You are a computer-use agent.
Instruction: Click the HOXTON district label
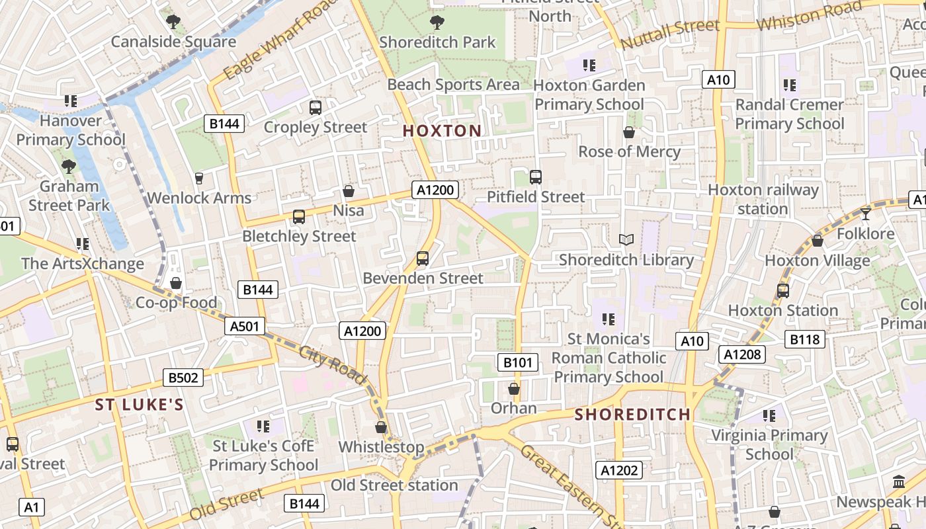pyautogui.click(x=442, y=131)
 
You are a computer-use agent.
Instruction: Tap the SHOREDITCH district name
pyautogui.click(x=632, y=415)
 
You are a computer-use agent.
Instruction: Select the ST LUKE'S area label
pyautogui.click(x=139, y=405)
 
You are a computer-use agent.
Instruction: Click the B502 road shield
pyautogui.click(x=183, y=378)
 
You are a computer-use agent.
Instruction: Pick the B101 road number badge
pyautogui.click(x=517, y=362)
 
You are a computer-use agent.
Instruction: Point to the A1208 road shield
pyautogui.click(x=742, y=354)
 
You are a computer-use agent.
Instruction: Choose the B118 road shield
pyautogui.click(x=805, y=340)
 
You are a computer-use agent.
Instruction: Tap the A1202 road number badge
pyautogui.click(x=619, y=470)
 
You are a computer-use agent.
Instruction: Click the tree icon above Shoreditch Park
pyautogui.click(x=437, y=22)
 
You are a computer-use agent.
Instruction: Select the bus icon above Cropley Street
pyautogui.click(x=316, y=107)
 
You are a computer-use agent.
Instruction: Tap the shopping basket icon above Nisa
pyautogui.click(x=349, y=191)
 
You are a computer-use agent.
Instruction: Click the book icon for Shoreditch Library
pyautogui.click(x=626, y=239)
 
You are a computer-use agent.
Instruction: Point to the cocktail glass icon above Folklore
pyautogui.click(x=865, y=214)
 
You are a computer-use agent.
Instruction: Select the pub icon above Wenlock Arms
pyautogui.click(x=198, y=178)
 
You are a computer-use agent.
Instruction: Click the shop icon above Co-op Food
pyautogui.click(x=176, y=283)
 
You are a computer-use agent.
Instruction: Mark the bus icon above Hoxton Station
pyautogui.click(x=783, y=290)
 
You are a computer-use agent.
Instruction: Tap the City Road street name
pyautogui.click(x=333, y=364)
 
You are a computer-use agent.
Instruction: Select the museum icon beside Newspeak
pyautogui.click(x=898, y=482)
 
